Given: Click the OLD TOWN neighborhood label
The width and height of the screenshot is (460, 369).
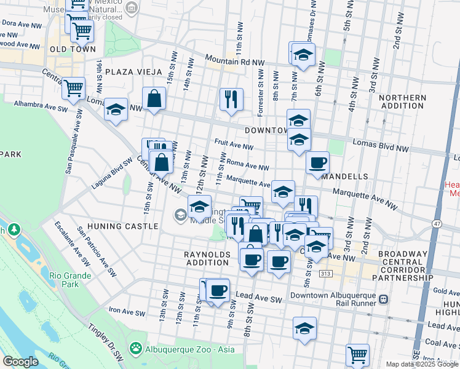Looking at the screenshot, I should point(73,49).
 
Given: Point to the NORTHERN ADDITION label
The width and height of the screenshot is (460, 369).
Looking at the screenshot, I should point(403,102).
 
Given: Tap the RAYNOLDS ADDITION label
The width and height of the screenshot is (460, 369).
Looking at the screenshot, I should point(207,258).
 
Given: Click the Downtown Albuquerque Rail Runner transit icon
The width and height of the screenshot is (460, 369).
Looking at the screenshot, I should point(384,299).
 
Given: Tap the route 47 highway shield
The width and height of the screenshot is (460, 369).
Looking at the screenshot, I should point(437,223).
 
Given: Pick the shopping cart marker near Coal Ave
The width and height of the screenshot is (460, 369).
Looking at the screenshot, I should point(357,354).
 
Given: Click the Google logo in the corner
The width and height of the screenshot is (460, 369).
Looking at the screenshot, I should point(20,362).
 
